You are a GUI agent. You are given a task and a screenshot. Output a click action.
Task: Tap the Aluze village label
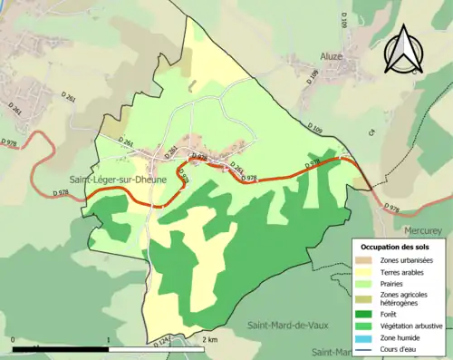(x=333, y=56)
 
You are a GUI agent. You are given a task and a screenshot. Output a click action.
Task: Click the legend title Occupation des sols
(x=395, y=247)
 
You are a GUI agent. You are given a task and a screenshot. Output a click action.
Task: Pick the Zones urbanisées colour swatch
(x=368, y=261)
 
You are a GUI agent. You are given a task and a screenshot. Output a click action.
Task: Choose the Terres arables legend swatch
(x=368, y=273)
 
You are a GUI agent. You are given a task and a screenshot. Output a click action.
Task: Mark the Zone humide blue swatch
(x=368, y=337)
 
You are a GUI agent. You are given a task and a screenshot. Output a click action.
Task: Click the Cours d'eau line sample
(x=368, y=349)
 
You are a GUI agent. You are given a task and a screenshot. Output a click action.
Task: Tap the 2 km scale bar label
(x=209, y=339)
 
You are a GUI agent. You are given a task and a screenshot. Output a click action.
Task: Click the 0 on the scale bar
(x=14, y=339)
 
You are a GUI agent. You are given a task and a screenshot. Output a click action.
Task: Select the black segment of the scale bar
(x=61, y=348)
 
